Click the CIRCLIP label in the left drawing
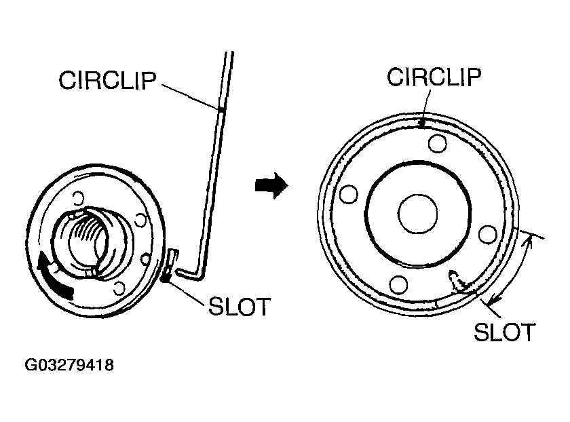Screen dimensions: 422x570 tap(108, 79)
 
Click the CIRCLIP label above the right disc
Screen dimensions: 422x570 tap(434, 77)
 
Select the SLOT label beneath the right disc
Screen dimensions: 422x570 tap(504, 332)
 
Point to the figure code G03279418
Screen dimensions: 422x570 tap(69, 366)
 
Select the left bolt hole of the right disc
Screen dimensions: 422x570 tap(349, 194)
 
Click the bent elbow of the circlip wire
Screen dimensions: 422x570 tap(199, 273)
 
